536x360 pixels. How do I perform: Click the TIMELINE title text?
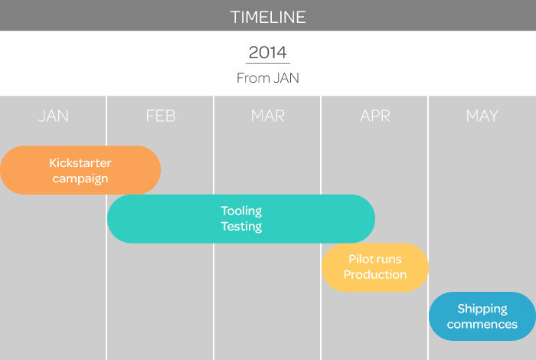tap(268, 17)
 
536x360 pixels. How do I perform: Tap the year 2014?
tap(268, 52)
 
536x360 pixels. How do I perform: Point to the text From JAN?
tap(268, 78)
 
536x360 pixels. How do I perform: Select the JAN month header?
tap(54, 116)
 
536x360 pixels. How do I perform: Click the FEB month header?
tap(161, 116)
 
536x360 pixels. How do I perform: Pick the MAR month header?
tap(268, 116)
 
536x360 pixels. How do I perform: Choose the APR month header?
tap(375, 116)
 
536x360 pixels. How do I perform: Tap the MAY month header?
tap(482, 116)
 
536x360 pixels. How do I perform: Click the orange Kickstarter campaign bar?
tap(80, 170)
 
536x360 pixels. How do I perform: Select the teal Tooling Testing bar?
tap(241, 219)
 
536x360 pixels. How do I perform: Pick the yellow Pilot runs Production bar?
tap(375, 267)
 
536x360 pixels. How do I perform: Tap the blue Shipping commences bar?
tap(482, 316)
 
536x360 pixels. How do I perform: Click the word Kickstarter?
tap(80, 162)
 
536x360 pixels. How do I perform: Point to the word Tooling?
tap(241, 211)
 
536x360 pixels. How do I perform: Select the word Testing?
tap(241, 227)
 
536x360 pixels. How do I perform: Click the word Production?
tap(375, 274)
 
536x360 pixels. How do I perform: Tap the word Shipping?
tap(482, 309)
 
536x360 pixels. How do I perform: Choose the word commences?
tap(482, 324)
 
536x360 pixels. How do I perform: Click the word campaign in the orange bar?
tap(80, 178)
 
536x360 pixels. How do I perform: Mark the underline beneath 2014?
tap(268, 64)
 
